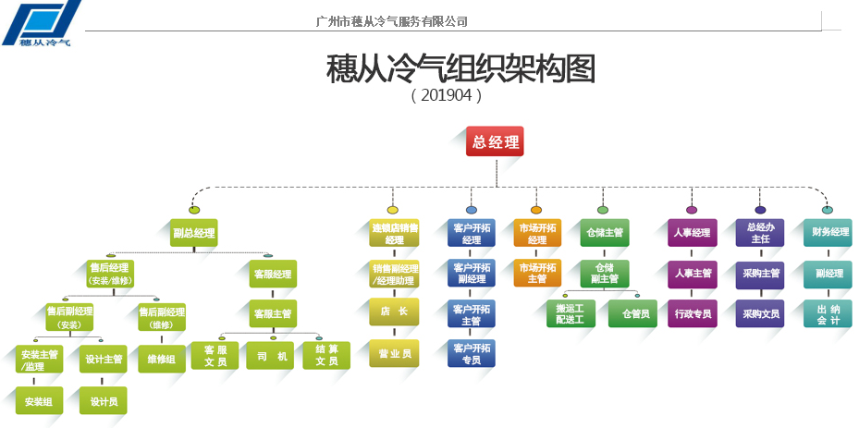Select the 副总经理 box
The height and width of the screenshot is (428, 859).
(193, 233)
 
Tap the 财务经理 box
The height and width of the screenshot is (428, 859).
(828, 233)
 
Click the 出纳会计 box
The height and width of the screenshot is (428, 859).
(828, 314)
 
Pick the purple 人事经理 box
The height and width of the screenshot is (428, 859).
(692, 233)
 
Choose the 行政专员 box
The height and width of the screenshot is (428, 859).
(692, 314)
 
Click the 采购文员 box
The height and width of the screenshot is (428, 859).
(760, 314)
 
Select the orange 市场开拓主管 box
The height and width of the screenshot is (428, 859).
(537, 274)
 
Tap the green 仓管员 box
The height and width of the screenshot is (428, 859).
(633, 314)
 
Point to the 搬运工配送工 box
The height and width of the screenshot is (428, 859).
(570, 314)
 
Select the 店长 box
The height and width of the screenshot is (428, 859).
(394, 312)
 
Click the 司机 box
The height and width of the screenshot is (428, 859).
(270, 356)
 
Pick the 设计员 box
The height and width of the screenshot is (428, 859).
(103, 401)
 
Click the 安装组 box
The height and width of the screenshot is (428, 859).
(39, 401)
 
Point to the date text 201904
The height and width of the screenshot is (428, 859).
(446, 94)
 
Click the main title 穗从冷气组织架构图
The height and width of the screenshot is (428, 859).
(460, 68)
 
